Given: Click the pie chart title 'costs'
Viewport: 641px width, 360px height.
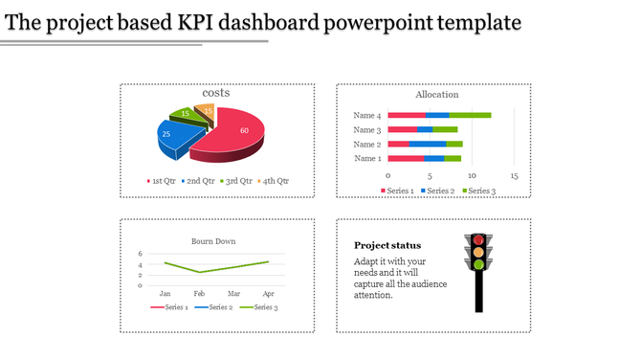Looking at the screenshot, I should point(216,93).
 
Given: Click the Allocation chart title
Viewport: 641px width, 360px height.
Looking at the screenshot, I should point(436,95).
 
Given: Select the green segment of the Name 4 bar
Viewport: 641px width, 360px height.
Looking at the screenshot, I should point(470,116).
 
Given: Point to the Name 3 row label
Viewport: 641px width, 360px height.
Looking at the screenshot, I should point(366,130).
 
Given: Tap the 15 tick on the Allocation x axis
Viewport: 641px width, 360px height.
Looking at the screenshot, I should point(514,176).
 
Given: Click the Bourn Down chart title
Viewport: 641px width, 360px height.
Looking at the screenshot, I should point(213,241).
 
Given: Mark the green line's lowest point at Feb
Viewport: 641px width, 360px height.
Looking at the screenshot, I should point(199,272).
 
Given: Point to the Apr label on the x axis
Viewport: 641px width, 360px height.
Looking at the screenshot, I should point(268,293).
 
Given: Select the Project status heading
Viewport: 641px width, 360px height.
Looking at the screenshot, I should point(387,245).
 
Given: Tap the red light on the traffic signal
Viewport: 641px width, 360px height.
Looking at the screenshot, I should point(478,239).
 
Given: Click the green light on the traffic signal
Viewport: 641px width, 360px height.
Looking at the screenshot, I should point(478,264).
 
